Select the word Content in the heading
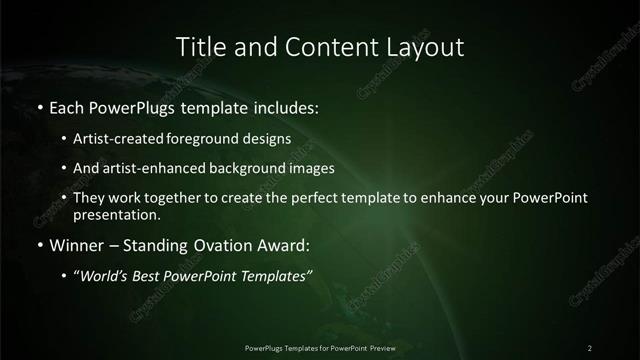point(318,46)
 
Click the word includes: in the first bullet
point(285,105)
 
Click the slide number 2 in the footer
point(590,347)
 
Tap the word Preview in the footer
point(382,347)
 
